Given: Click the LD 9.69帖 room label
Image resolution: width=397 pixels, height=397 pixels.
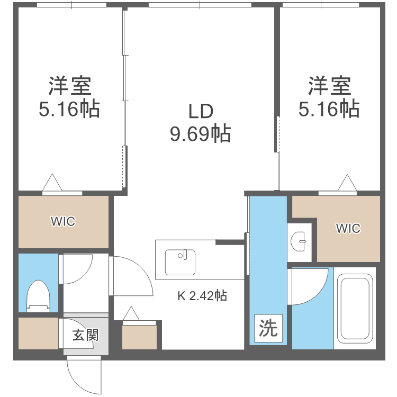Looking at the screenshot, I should point(200,122).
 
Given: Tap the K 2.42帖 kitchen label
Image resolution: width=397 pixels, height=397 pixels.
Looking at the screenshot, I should point(202,296).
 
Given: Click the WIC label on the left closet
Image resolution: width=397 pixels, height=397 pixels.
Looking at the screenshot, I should point(63,222).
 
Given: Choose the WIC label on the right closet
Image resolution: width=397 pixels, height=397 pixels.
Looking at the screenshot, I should point(348,228).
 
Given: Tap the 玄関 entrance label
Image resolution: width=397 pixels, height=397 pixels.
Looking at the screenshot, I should point(85,335).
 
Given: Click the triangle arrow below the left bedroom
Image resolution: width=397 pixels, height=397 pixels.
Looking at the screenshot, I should point(52,183).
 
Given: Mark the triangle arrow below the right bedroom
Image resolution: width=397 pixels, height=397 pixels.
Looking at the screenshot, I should point(348,183).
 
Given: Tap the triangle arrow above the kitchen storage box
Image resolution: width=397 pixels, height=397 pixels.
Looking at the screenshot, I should point(131,314).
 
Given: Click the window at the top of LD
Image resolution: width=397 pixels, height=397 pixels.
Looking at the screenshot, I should point(200,5).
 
